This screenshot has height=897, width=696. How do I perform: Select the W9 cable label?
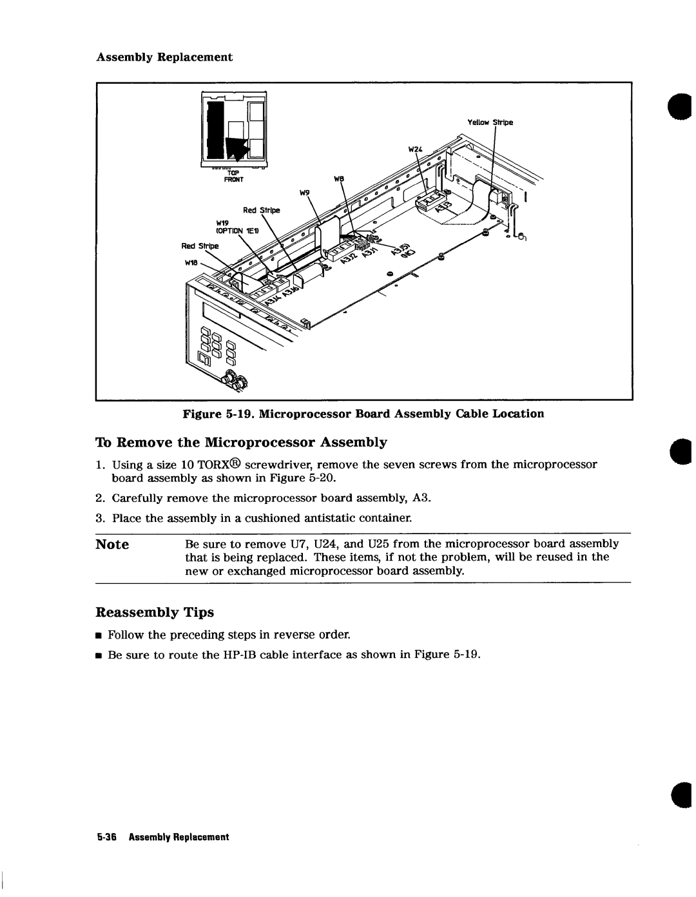(x=304, y=193)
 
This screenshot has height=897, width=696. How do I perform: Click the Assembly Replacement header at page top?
(x=164, y=57)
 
